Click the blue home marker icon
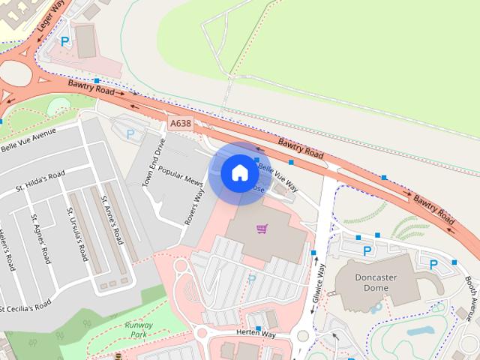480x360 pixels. pyautogui.click(x=239, y=172)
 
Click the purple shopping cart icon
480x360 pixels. pyautogui.click(x=262, y=228)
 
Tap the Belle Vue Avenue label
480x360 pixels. pyautogui.click(x=28, y=139)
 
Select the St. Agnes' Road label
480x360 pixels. pyautogui.click(x=40, y=238)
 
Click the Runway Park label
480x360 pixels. pyautogui.click(x=139, y=330)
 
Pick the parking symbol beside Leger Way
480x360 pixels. pyautogui.click(x=65, y=43)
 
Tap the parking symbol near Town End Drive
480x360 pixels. pyautogui.click(x=130, y=134)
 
